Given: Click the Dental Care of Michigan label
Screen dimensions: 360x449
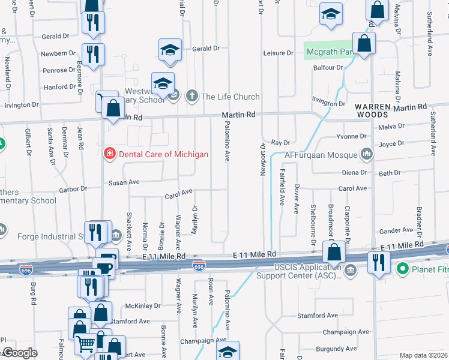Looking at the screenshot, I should click(x=163, y=154).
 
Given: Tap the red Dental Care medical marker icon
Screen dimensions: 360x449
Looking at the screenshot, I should click(x=109, y=154).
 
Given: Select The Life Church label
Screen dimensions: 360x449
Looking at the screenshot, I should click(x=231, y=96).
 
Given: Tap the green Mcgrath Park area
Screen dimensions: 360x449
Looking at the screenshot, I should click(x=327, y=52).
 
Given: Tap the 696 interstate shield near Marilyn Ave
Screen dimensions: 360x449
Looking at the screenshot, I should click(x=199, y=264).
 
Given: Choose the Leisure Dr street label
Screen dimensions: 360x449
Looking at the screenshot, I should click(x=279, y=53).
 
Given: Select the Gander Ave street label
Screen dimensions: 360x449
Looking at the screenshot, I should click(x=397, y=230).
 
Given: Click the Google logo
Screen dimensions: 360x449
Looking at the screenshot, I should click(x=20, y=353).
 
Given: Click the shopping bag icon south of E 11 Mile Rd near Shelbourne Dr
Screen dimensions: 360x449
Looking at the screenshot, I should click(x=334, y=251).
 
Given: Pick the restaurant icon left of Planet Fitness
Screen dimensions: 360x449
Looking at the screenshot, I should click(x=378, y=263).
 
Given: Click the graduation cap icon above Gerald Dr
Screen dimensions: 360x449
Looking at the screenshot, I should click(x=170, y=49).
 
